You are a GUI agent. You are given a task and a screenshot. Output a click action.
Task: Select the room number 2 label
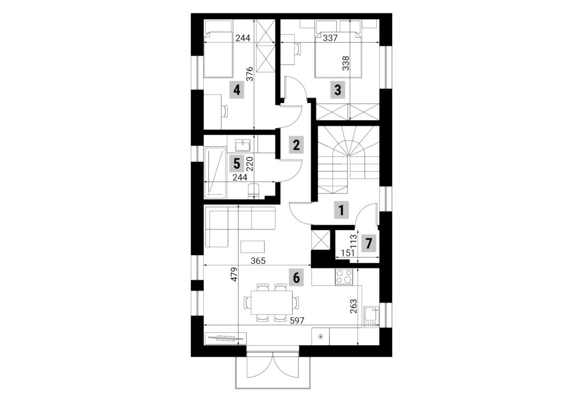tap(295, 145)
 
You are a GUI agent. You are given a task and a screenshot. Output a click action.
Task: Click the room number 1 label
tap(340, 211)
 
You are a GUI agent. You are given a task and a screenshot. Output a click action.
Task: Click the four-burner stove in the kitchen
tap(344, 277)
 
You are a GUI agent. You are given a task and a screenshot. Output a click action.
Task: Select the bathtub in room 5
tap(215, 171)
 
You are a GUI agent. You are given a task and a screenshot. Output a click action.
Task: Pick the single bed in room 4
tap(218, 50)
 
